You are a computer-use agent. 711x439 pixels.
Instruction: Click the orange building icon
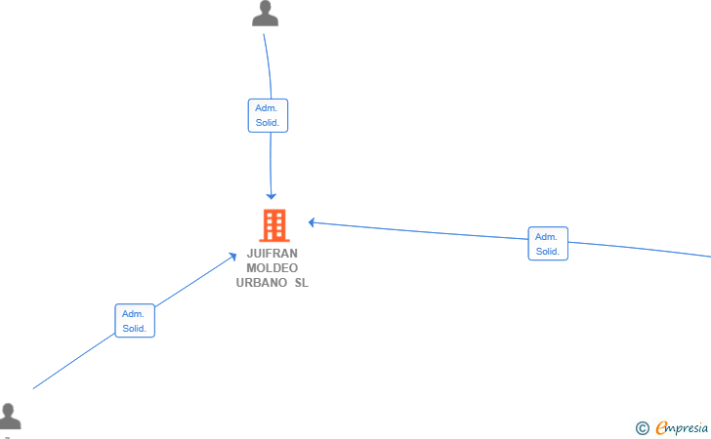(274, 225)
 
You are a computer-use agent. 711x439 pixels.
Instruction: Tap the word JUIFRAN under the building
(272, 254)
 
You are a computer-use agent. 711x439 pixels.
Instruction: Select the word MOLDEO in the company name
(272, 267)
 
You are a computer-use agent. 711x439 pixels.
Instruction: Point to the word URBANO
(261, 283)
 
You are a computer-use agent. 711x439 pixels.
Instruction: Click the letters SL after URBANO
(302, 283)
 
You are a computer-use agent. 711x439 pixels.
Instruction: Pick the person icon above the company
(266, 13)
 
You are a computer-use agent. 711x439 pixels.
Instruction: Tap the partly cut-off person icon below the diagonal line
(10, 416)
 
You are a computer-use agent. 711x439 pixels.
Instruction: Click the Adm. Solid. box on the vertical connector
(268, 115)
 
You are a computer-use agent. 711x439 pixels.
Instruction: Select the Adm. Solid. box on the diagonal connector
(135, 321)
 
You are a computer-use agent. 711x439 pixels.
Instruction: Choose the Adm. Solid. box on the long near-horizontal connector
(548, 244)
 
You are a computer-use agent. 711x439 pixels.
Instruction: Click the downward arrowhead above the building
(272, 196)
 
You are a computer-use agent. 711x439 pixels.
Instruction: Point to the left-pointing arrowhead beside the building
(312, 222)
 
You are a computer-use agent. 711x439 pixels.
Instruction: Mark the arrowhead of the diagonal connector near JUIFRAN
(233, 257)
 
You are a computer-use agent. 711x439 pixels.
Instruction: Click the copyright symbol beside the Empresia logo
(642, 428)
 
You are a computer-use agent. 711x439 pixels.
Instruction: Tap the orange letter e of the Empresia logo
(662, 427)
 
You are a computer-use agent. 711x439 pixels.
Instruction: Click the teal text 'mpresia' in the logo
(688, 428)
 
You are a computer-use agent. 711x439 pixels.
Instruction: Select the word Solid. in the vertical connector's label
(268, 123)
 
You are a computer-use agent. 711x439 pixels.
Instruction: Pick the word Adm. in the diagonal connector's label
(133, 314)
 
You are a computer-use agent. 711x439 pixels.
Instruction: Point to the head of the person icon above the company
(266, 7)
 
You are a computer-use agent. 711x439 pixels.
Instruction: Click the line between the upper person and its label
(269, 66)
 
